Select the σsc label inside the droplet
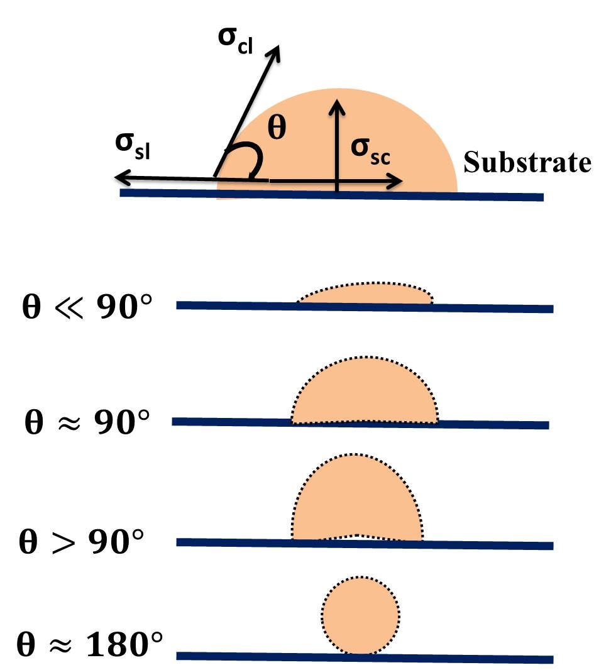pos(371,153)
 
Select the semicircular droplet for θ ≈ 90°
pos(365,393)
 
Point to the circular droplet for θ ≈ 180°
pos(360,615)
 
